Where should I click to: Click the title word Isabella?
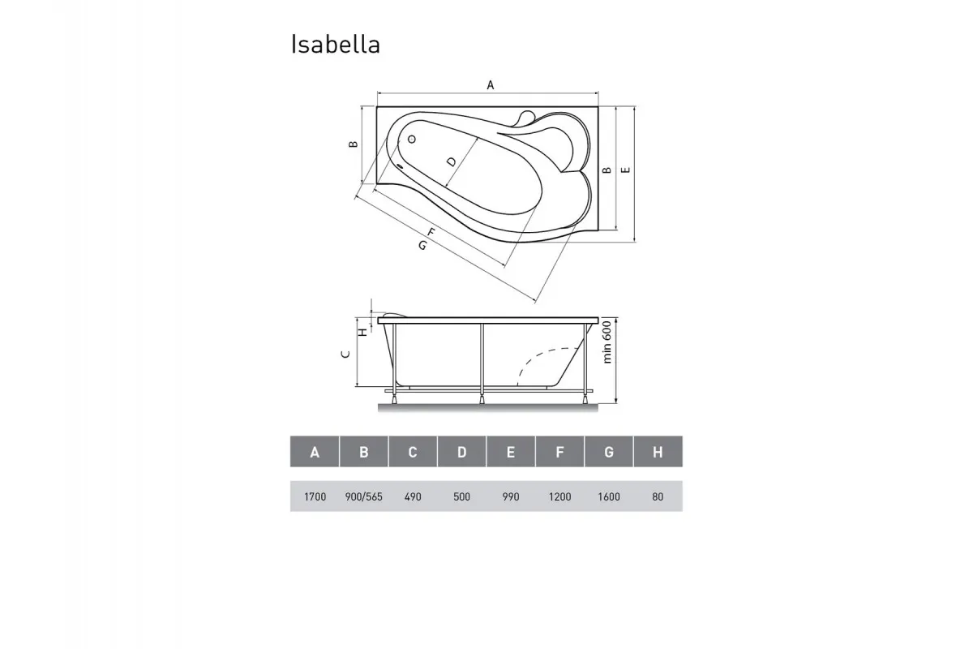335,45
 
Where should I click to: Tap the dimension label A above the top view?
490,84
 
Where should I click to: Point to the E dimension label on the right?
625,170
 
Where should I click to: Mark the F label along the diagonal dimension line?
431,234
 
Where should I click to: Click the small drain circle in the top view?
411,140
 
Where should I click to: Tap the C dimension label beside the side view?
345,354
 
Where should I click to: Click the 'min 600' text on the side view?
606,342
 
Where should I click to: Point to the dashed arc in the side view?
541,358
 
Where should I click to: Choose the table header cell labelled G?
608,452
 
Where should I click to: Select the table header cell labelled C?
413,452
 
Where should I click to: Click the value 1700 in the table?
315,496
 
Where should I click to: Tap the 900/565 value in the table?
363,496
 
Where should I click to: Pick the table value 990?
510,496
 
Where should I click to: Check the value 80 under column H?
657,496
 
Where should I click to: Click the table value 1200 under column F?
559,496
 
